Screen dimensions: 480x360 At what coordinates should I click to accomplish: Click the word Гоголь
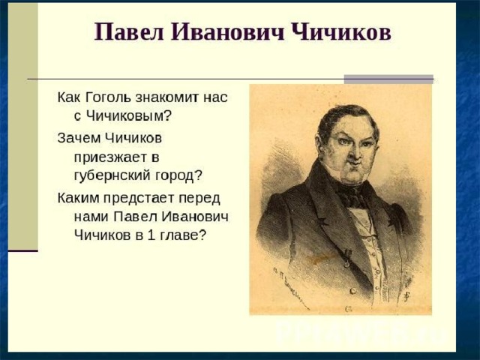click(x=107, y=97)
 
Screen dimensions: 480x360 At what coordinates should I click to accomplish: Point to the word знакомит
click(x=166, y=97)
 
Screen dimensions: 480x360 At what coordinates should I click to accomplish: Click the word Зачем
click(x=79, y=138)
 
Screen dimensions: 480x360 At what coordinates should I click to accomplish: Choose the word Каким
click(x=78, y=198)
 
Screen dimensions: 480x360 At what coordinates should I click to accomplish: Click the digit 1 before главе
click(x=151, y=235)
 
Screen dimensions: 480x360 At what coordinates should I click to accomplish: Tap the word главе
click(x=181, y=235)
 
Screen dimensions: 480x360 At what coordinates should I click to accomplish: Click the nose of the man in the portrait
click(x=352, y=153)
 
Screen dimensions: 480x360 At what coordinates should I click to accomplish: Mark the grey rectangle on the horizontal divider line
click(x=388, y=79)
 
